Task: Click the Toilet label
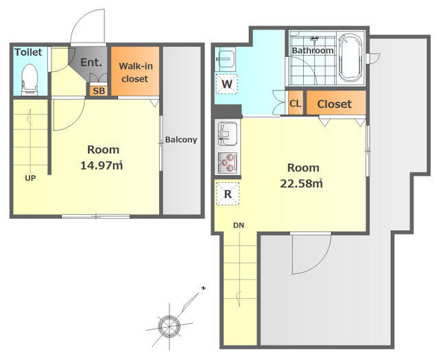28,52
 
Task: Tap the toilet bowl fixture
29,80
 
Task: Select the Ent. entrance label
91,62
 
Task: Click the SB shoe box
99,91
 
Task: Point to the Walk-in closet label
136,73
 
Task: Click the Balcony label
181,139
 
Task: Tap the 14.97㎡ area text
102,165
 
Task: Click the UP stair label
30,178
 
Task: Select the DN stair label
239,225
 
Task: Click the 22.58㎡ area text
302,184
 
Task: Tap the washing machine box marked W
226,84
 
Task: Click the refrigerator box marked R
228,194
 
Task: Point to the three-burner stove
227,163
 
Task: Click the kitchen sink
227,134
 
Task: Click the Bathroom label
313,51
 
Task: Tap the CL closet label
296,104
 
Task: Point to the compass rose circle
169,326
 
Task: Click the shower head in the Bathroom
315,39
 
